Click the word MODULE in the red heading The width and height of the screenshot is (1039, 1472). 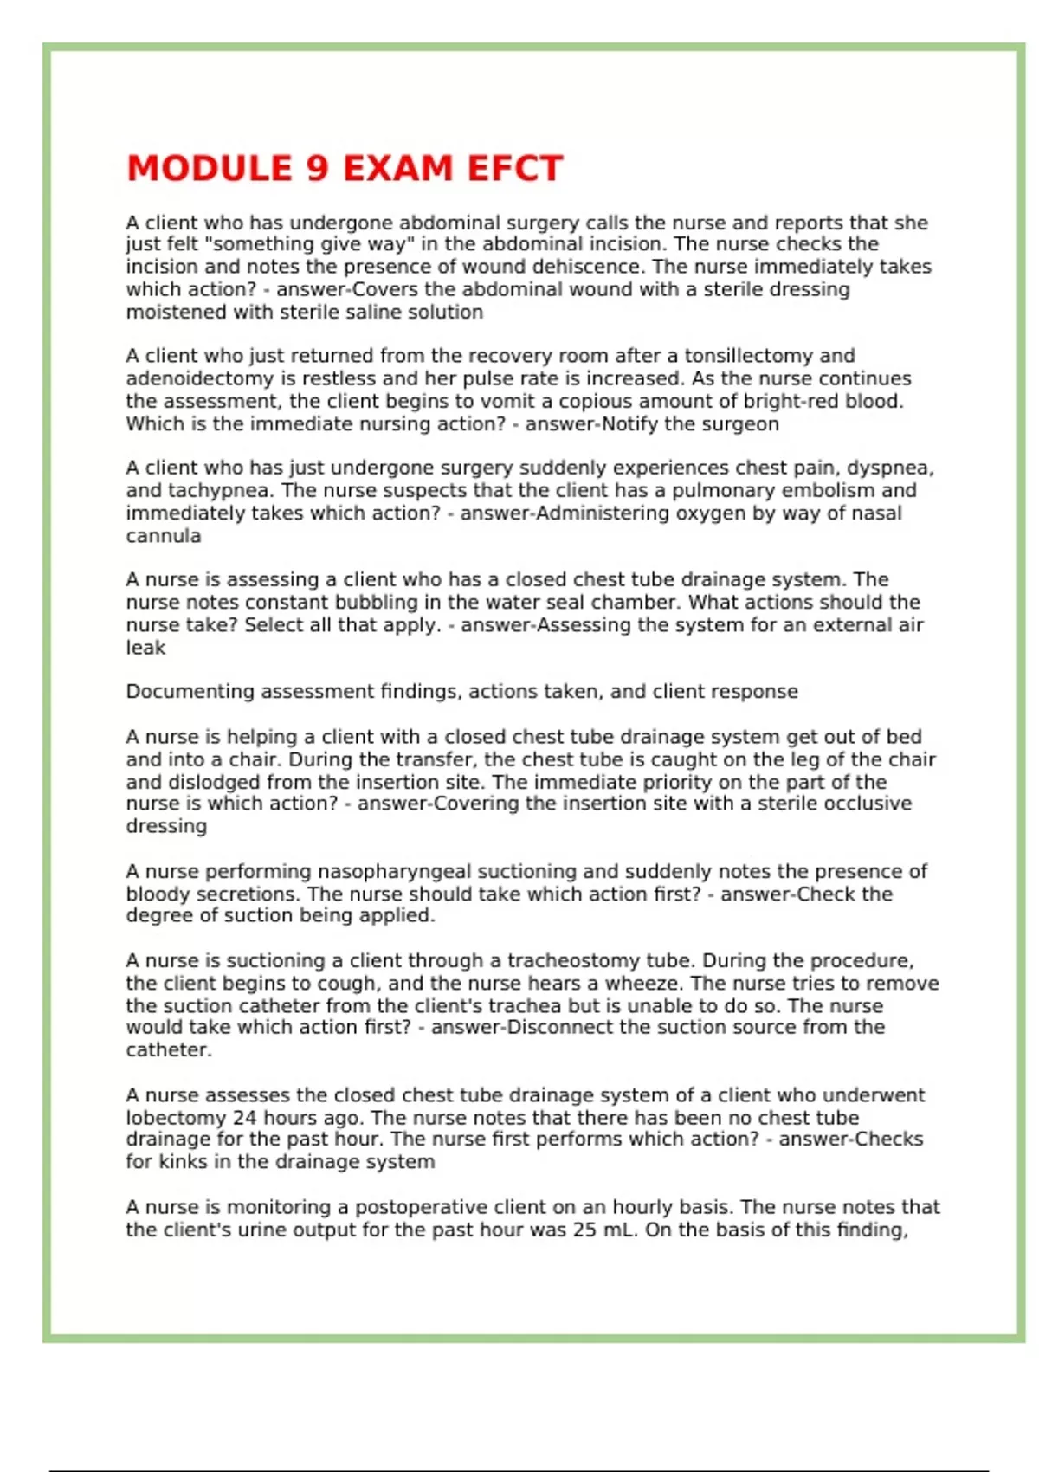(210, 168)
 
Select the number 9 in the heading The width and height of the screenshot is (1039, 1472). (318, 168)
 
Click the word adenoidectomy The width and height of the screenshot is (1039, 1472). (187, 378)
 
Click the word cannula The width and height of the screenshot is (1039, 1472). (164, 536)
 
